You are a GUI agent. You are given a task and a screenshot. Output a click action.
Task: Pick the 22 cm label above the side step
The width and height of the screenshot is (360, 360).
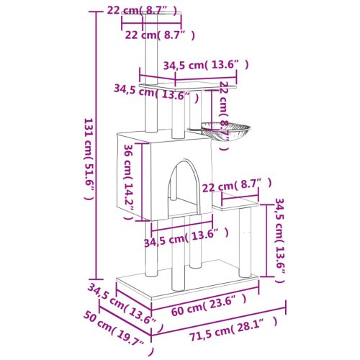pos(238,186)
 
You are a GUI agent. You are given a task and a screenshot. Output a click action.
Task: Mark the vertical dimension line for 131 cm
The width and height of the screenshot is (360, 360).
pos(95,144)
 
